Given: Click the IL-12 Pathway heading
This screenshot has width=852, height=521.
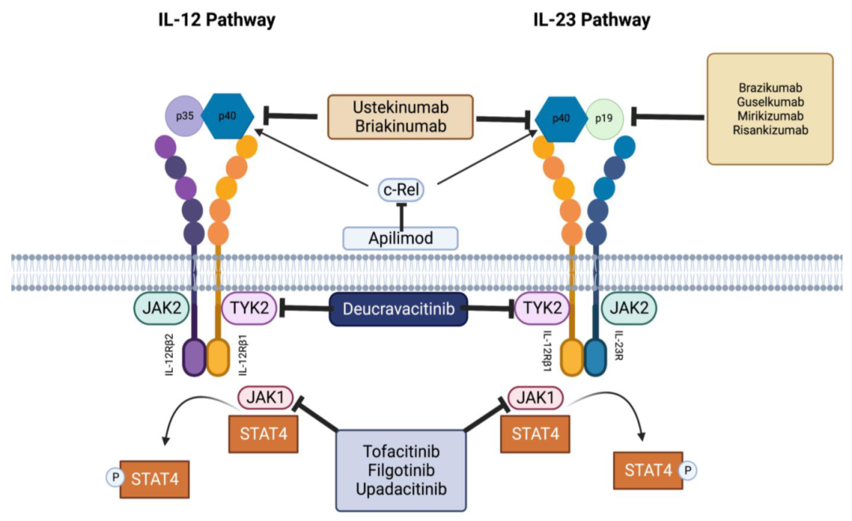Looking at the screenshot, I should click(x=217, y=21).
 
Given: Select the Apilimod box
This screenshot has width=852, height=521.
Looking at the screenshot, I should click(x=401, y=237).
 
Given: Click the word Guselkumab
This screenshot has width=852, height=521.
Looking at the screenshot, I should click(x=769, y=102).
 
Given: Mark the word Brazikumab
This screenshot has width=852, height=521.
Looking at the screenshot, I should click(x=769, y=88).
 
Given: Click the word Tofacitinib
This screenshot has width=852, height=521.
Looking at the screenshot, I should click(x=401, y=452).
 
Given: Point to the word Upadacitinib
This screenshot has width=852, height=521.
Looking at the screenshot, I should click(x=401, y=489).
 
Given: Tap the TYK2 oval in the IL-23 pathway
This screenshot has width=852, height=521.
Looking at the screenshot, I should click(x=541, y=309).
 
